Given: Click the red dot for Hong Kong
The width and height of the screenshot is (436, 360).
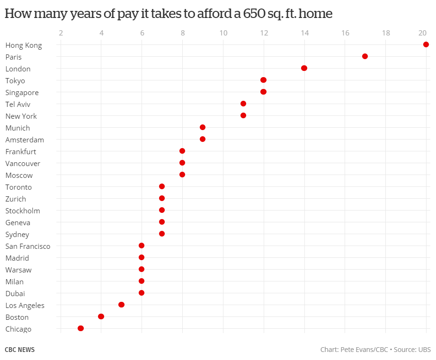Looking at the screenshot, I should [x=426, y=44].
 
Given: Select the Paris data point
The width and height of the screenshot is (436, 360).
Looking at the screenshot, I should [x=365, y=56].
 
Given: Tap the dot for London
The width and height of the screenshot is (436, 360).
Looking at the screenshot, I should [x=304, y=68].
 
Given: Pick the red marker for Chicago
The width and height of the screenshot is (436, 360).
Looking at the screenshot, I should [x=80, y=328].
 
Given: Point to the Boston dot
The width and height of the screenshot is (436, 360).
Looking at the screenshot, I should [x=101, y=316].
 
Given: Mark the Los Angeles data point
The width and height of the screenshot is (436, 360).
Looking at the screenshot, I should [x=121, y=305].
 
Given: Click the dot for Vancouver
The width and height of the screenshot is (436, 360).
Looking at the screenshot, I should [x=182, y=163].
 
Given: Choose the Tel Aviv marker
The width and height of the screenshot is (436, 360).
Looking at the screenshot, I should [x=243, y=104].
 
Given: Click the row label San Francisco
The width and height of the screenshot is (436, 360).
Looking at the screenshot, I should [x=27, y=246].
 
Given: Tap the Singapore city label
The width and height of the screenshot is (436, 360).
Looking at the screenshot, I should [x=22, y=92].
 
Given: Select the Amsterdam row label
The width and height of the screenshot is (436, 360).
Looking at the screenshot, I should [x=25, y=140].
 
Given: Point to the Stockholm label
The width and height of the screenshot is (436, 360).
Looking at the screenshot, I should [x=23, y=211].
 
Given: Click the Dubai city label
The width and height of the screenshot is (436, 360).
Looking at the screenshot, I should [x=15, y=293].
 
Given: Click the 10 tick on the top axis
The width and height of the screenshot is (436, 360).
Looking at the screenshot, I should [x=223, y=33].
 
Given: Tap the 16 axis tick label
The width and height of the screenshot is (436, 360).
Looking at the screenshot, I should [x=345, y=33].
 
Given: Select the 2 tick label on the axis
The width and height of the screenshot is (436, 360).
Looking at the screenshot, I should [x=61, y=33].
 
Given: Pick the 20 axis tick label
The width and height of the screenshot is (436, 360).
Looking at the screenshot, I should [x=423, y=33].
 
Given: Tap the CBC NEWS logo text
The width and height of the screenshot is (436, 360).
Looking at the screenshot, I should [x=19, y=350].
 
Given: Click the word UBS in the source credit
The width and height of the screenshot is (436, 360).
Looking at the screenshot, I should [x=424, y=350].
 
